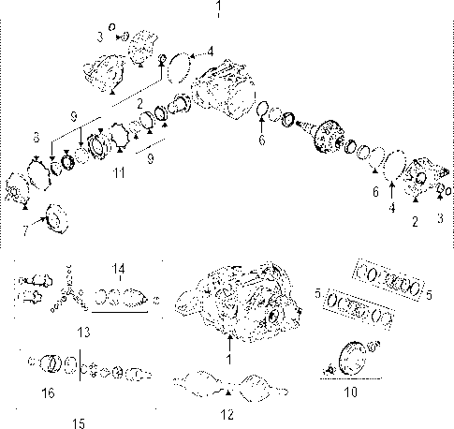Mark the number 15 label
pos(79,422)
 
